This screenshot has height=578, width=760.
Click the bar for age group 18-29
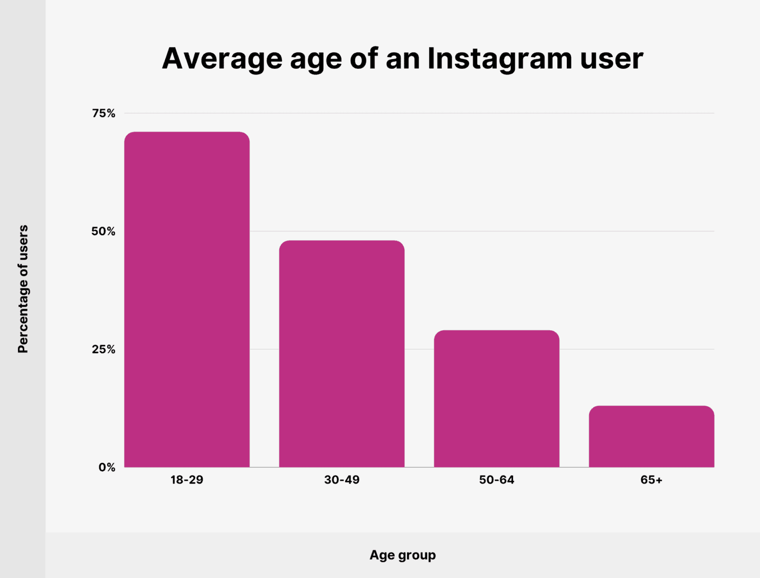tap(187, 300)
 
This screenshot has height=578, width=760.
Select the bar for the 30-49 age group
tap(341, 353)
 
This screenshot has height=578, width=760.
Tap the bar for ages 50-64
tap(496, 398)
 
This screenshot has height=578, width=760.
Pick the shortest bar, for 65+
tap(651, 436)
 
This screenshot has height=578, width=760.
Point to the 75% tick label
tap(103, 113)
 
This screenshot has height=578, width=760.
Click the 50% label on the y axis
tap(103, 231)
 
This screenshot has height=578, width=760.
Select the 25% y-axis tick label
tap(103, 349)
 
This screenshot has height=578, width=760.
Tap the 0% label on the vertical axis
tap(107, 467)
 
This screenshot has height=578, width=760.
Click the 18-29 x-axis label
tap(187, 480)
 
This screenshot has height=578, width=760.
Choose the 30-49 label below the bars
tap(341, 480)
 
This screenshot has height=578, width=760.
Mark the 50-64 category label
tap(496, 480)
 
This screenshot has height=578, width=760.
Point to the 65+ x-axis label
tap(651, 480)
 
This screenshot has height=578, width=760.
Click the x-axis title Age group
tap(402, 555)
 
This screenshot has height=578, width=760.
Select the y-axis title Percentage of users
tap(23, 289)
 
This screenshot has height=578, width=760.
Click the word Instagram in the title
tap(499, 59)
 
